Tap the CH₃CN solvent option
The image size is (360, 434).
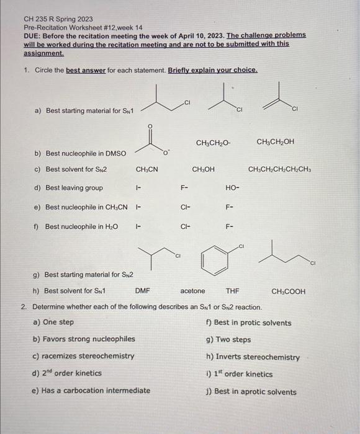146,169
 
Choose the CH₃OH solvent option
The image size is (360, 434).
204,169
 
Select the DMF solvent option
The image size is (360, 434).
143,291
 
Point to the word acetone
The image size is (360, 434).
192,291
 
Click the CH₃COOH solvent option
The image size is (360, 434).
289,291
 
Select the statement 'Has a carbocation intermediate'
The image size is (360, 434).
91,391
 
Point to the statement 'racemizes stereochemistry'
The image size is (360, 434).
83,356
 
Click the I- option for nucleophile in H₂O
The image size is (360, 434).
139,226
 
